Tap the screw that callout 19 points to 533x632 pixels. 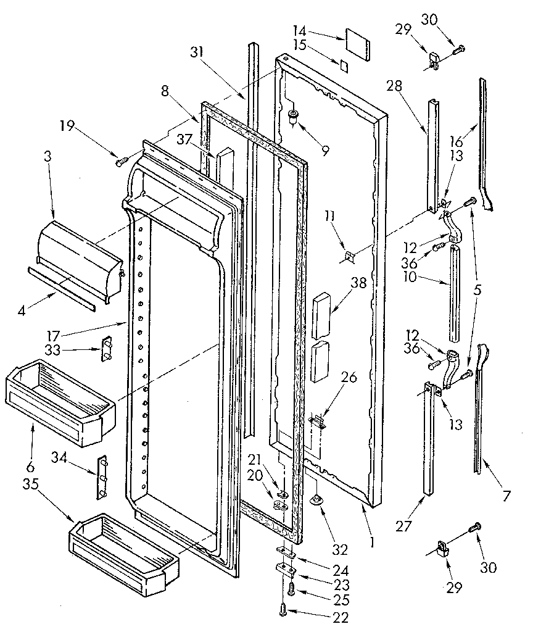(121, 161)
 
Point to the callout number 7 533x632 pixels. (506, 494)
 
